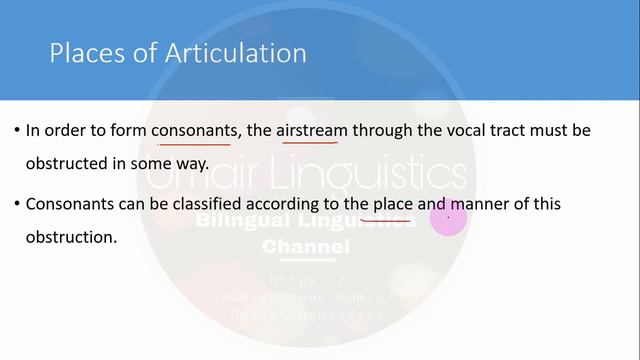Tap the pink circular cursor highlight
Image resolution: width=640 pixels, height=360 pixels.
448,219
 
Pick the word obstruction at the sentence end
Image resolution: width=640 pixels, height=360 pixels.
69,238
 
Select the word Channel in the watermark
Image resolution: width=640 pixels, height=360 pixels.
306,246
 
